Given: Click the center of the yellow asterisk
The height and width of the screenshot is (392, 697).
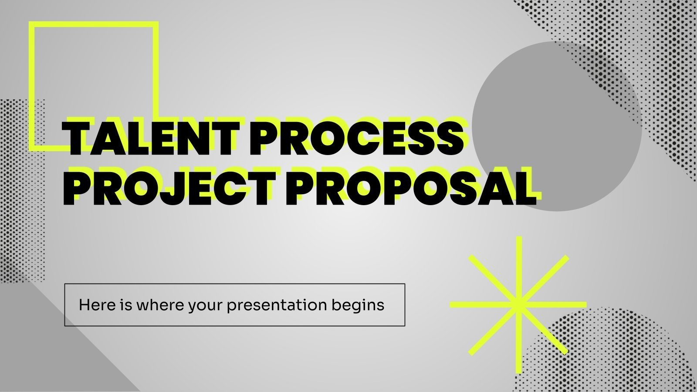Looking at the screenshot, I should coord(518,305).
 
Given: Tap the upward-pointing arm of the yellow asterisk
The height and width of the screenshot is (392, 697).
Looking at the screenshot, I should coord(518,261).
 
